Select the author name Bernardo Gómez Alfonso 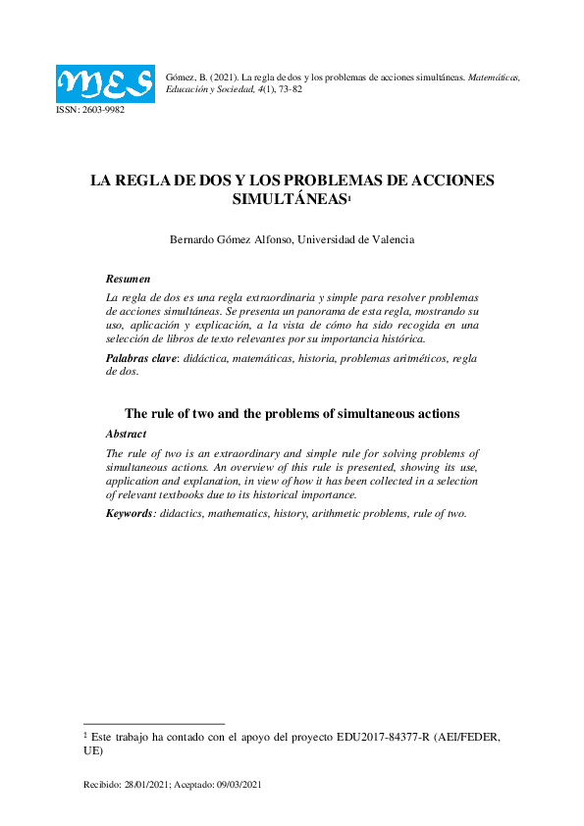pos(232,239)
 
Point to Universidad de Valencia pos(356,239)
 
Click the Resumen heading pos(128,280)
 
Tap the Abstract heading pos(126,433)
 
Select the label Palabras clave pos(141,358)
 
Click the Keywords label pos(129,513)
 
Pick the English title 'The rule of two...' pos(292,413)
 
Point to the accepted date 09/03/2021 pos(239,785)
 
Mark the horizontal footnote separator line pos(154,723)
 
